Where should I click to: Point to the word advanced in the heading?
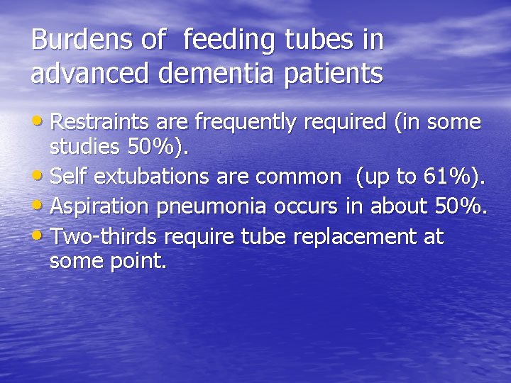[83, 73]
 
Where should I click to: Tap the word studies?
[82, 147]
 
